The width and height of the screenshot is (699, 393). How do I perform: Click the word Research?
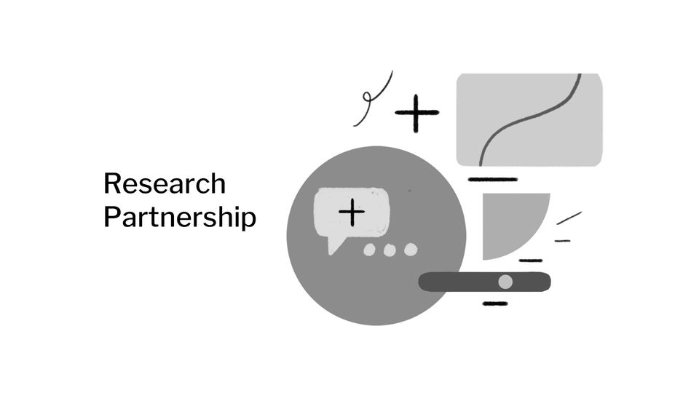click(x=164, y=183)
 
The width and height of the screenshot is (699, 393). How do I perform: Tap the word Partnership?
click(x=179, y=217)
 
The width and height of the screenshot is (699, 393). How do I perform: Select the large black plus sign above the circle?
click(x=417, y=113)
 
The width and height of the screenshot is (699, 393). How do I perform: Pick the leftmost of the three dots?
click(x=369, y=250)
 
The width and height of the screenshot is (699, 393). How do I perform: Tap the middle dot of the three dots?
click(x=390, y=250)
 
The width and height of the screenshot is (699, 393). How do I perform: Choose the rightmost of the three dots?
click(x=411, y=250)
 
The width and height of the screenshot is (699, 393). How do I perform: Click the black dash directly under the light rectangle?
click(x=492, y=179)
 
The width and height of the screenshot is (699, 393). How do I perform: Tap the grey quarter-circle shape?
click(x=506, y=222)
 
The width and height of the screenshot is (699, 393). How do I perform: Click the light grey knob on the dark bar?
click(x=505, y=281)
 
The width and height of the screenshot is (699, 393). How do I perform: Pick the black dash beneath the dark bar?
click(x=495, y=303)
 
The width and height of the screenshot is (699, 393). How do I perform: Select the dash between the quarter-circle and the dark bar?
click(x=530, y=260)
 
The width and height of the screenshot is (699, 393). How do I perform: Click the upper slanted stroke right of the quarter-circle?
click(x=569, y=217)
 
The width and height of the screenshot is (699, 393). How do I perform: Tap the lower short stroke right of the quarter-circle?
click(x=562, y=240)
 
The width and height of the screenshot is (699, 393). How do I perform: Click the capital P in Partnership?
click(x=111, y=217)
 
